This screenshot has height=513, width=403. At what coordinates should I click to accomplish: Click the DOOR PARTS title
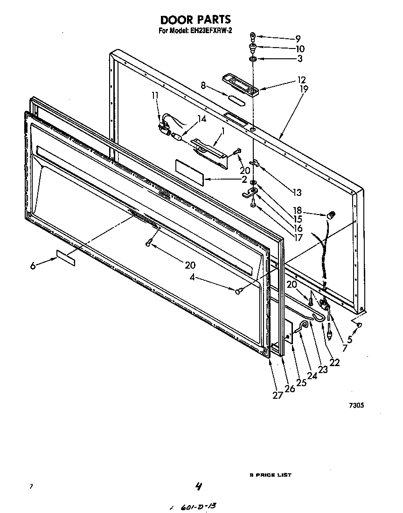(x=195, y=20)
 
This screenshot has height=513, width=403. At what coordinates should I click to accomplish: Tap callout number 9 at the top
(x=298, y=38)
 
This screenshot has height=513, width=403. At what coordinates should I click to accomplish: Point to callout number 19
(x=304, y=88)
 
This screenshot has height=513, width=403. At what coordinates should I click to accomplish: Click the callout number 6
(x=33, y=265)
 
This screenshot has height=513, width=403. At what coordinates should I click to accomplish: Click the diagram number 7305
(x=356, y=406)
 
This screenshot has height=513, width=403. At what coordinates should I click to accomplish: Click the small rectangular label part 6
(x=65, y=258)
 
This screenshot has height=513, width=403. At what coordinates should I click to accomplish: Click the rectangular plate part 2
(x=190, y=172)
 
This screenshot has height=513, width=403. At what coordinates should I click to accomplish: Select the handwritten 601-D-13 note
(x=196, y=506)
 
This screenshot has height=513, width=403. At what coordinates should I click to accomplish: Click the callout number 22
(x=334, y=362)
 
